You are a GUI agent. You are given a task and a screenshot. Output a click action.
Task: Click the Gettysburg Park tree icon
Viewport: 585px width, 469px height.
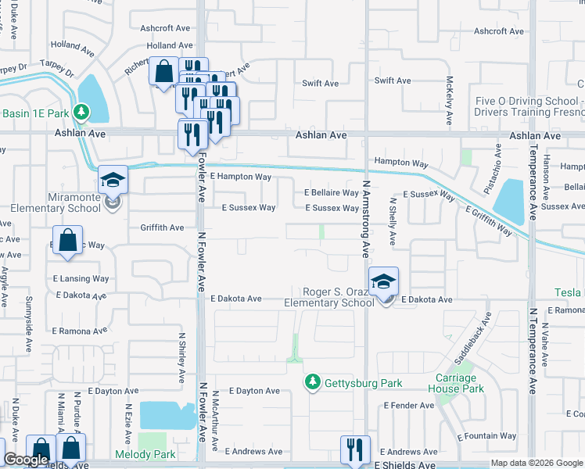313,381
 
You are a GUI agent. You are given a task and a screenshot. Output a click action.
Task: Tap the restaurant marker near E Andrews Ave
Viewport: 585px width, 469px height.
355,449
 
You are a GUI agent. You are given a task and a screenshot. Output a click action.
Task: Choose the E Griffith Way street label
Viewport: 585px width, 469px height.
489,221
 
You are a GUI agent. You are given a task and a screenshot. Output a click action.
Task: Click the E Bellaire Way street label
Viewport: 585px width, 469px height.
331,192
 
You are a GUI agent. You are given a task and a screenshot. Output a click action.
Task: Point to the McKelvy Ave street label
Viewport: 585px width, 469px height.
450,101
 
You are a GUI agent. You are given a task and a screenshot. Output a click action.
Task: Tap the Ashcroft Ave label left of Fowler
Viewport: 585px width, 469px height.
165,27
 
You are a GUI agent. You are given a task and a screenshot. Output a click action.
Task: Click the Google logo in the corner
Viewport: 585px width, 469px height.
26,460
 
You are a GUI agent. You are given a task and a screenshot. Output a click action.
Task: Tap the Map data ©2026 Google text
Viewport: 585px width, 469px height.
537,463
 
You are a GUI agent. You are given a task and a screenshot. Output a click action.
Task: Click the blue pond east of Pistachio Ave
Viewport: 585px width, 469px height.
509,202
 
